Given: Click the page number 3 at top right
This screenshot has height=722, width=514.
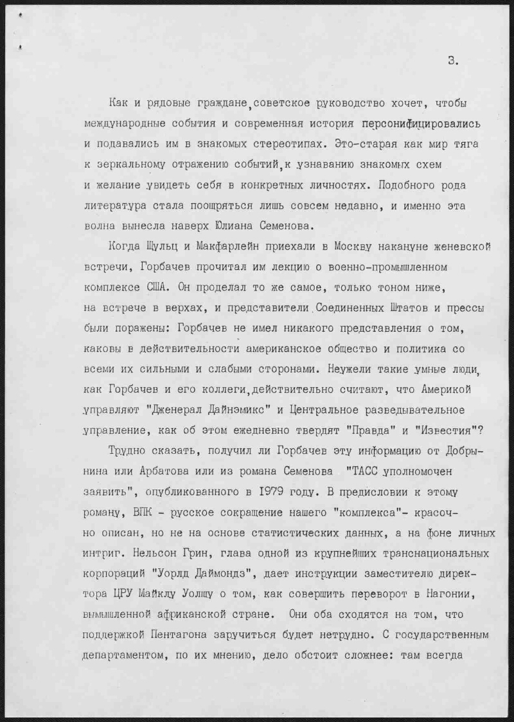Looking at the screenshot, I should pos(453,61).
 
